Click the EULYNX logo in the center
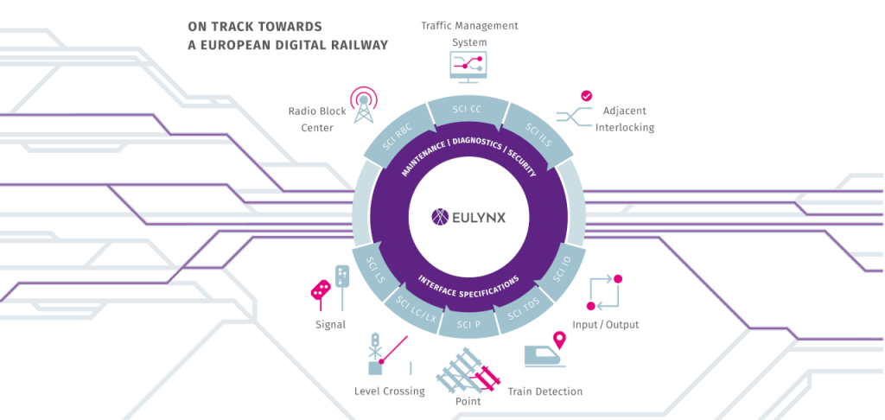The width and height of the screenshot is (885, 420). pos(468,217)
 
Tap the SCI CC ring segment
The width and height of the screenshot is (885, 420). pos(467,109)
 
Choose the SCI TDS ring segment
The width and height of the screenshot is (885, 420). pos(524,309)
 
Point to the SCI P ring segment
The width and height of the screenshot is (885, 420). pos(468,323)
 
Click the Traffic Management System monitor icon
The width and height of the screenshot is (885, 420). pos(468,66)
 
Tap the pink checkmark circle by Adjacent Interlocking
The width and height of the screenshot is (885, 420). pos(586,96)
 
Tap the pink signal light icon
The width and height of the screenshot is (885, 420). pos(321,290)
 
